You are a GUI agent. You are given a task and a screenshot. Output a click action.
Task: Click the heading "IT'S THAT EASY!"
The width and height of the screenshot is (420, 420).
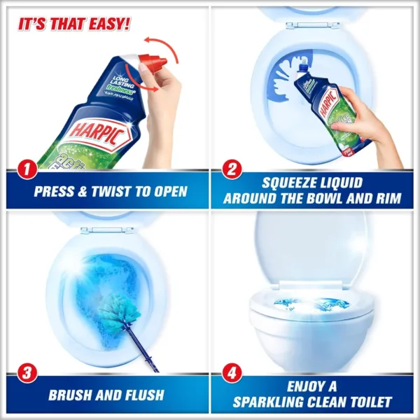click(73, 24)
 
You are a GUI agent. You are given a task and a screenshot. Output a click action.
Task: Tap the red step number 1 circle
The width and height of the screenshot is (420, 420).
click(26, 169)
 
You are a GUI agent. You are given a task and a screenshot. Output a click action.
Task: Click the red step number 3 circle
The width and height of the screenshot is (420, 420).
click(26, 373)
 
